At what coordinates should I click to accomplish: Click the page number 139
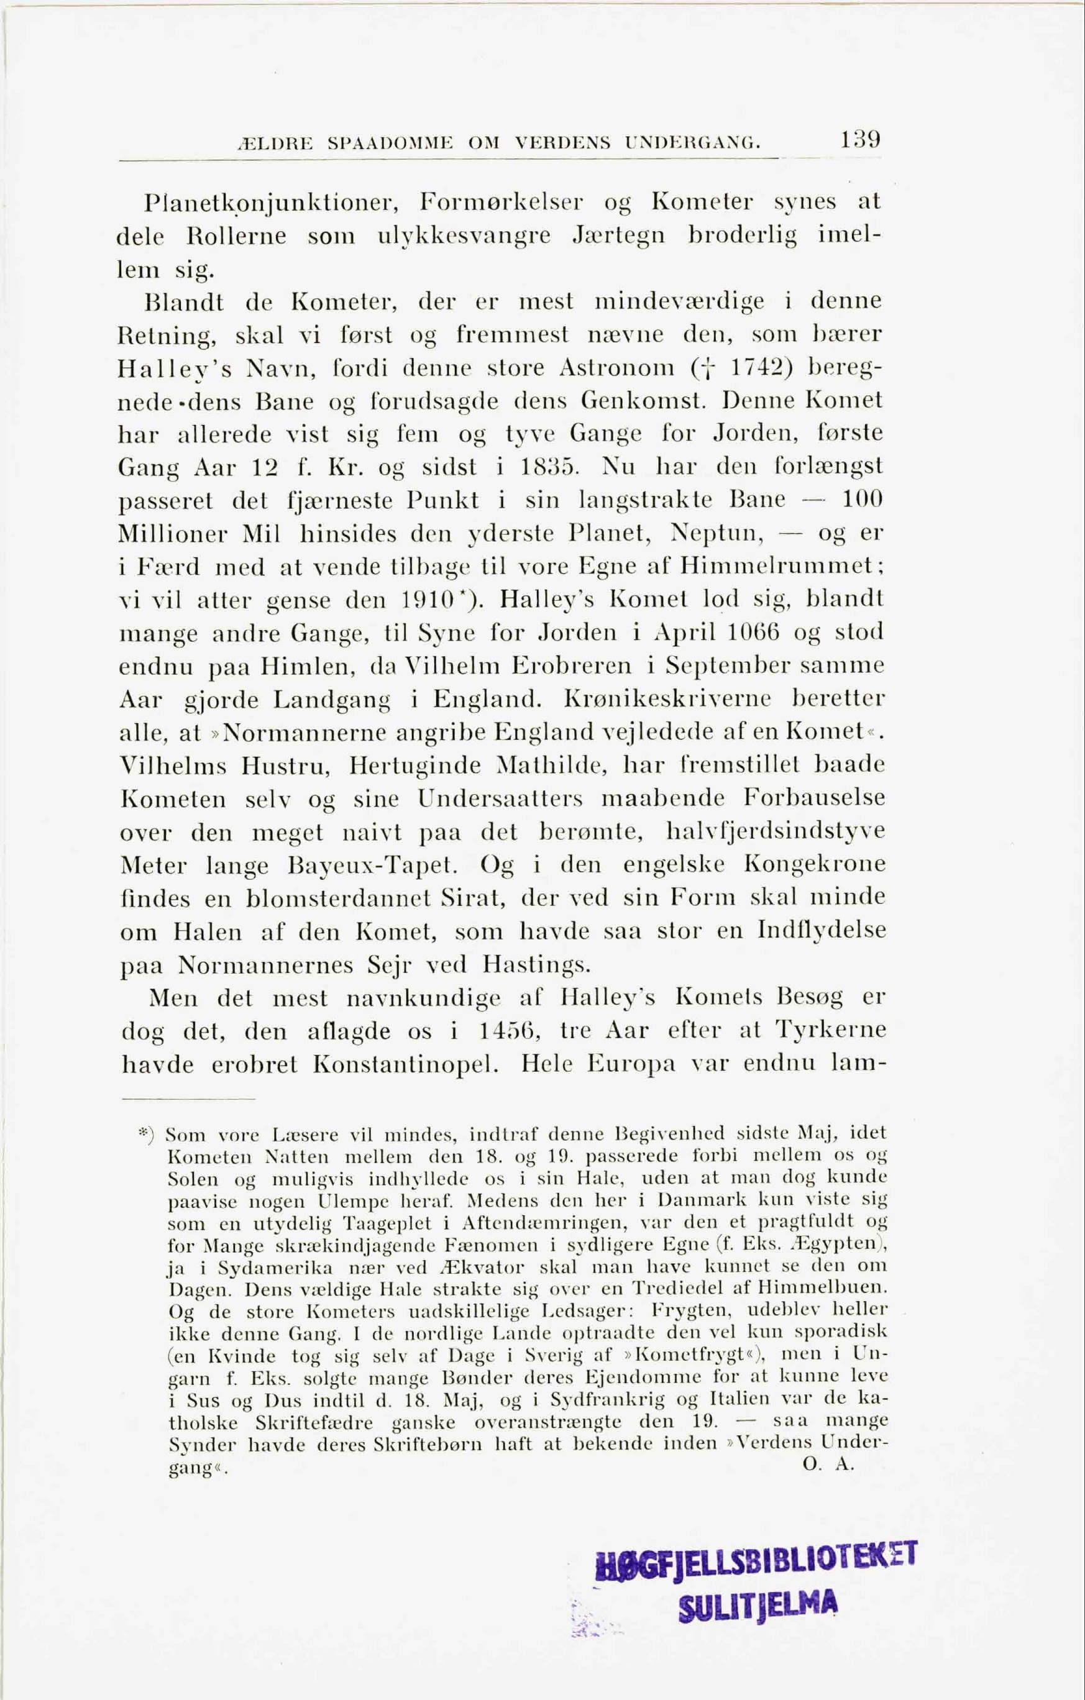860,139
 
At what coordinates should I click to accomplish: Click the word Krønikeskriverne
667,699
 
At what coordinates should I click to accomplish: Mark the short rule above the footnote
188,1099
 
